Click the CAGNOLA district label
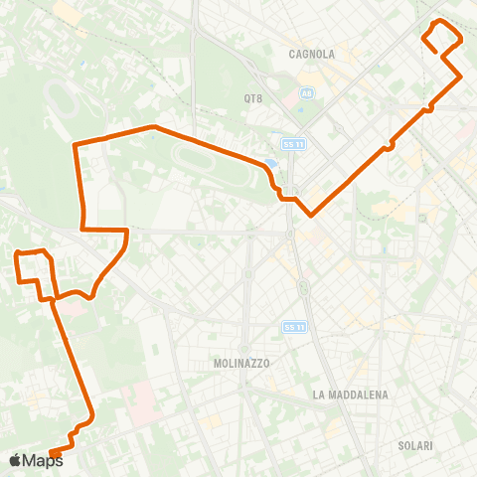[311, 54]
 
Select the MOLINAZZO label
[241, 364]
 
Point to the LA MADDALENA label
[350, 395]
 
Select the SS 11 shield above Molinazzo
[292, 326]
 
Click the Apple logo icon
[15, 460]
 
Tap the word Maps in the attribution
[42, 460]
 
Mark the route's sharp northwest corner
[76, 145]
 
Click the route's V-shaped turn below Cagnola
[312, 214]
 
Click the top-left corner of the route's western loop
[18, 254]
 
